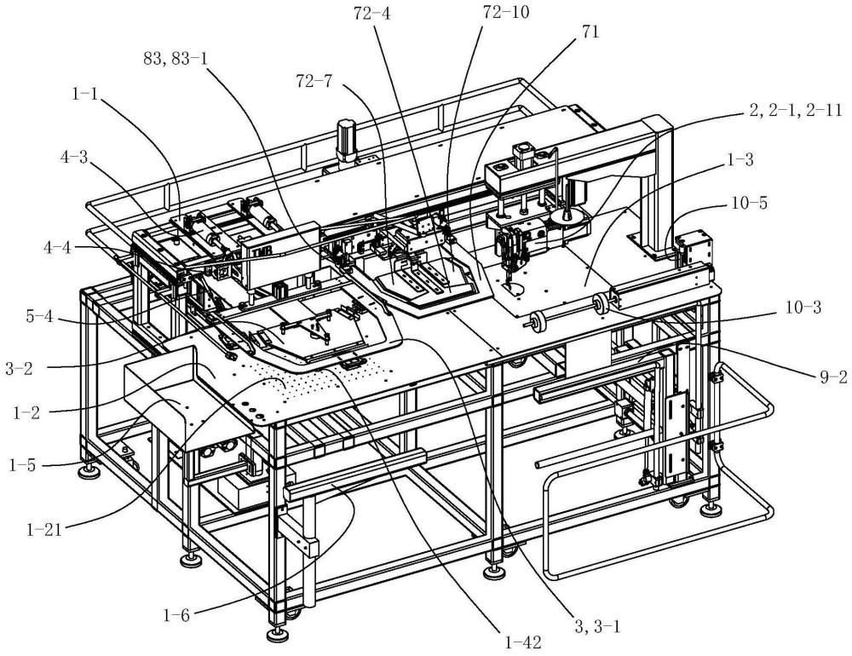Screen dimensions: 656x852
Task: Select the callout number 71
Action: pos(590,32)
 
